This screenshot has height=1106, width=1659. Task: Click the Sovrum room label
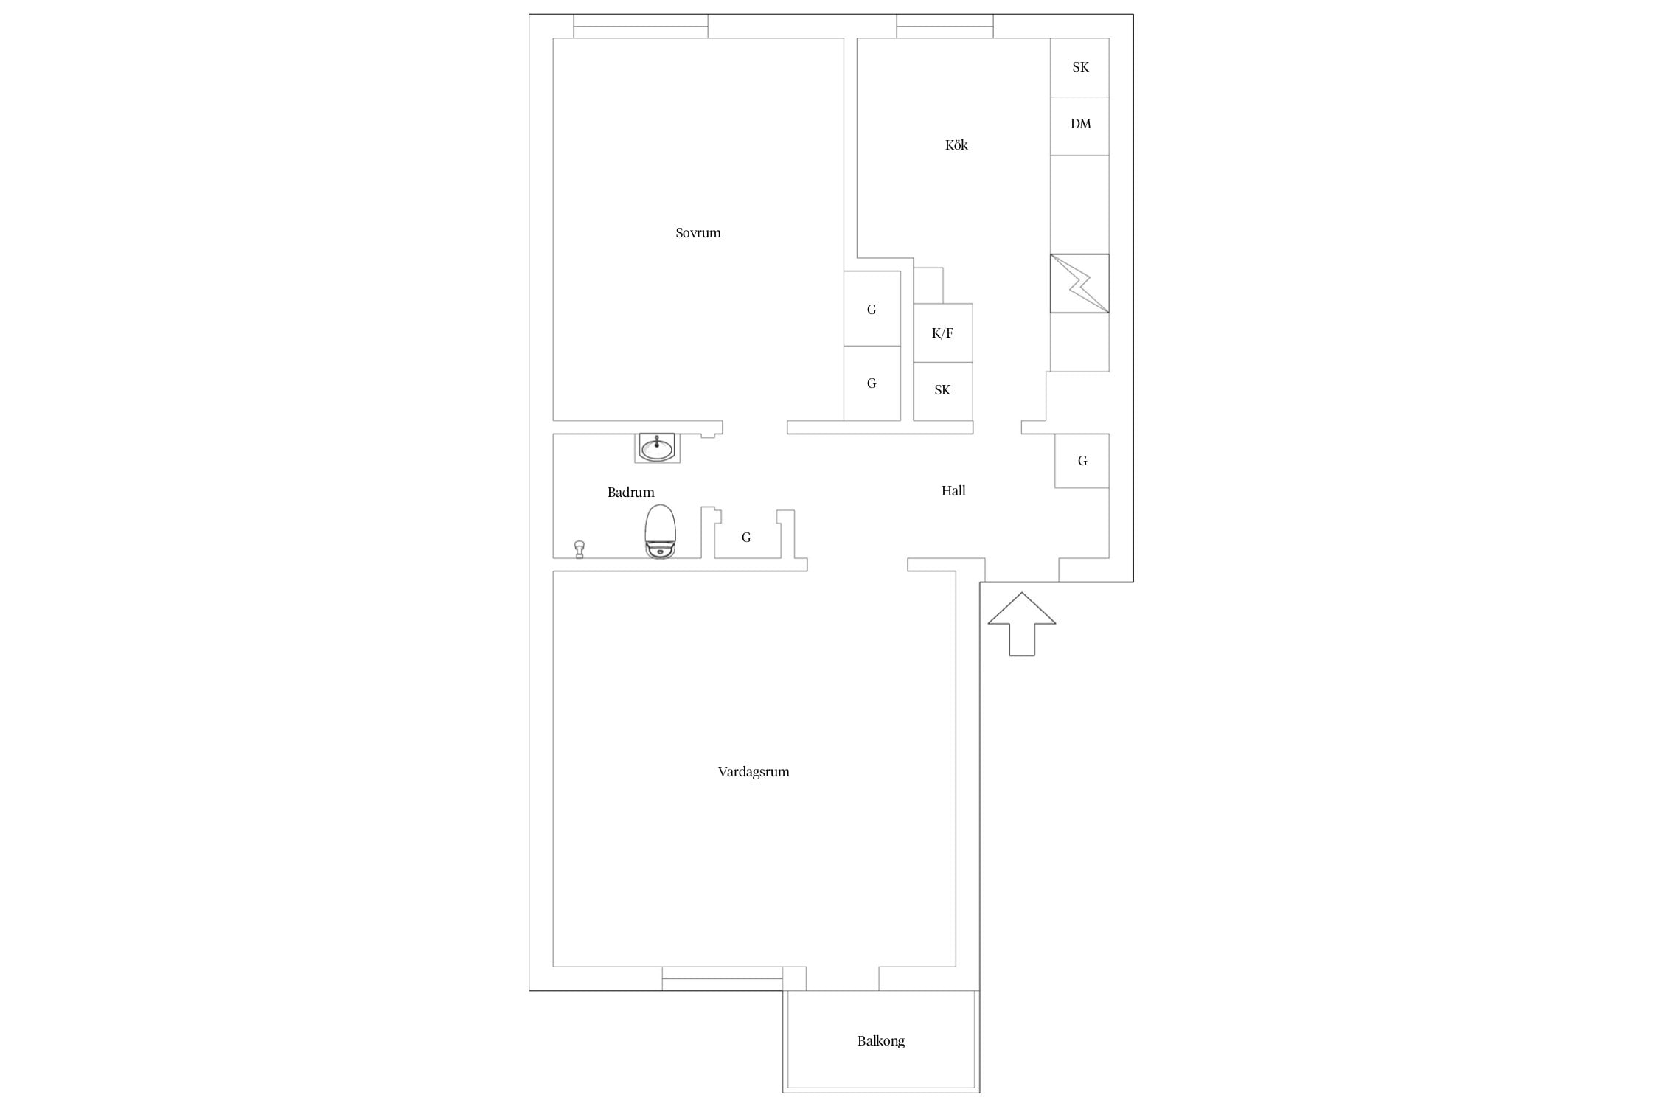(698, 233)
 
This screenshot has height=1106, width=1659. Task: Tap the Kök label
(956, 145)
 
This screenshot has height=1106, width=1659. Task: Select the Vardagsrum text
(754, 772)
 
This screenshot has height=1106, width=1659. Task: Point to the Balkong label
(881, 1041)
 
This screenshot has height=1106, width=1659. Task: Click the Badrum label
(631, 493)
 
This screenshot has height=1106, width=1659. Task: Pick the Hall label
(953, 491)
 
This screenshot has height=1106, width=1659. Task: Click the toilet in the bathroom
(660, 532)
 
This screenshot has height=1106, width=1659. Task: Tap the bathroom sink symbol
(657, 448)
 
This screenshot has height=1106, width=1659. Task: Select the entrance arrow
(1022, 624)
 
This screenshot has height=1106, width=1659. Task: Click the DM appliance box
(1079, 126)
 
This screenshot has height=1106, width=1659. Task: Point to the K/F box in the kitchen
(943, 333)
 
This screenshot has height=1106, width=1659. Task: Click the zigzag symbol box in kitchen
(1079, 284)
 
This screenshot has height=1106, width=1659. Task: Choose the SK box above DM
(1079, 68)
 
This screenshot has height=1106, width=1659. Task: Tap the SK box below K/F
(943, 392)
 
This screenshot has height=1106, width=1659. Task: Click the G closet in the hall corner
(1082, 461)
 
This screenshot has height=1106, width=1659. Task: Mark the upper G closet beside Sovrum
(872, 309)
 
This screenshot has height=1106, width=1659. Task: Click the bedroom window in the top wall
(641, 27)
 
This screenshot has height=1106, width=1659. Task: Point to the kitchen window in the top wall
(945, 27)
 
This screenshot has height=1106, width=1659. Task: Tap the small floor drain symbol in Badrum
(580, 549)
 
